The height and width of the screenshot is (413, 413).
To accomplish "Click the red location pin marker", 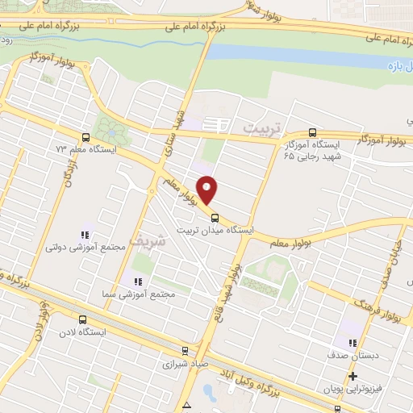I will coord(207,190).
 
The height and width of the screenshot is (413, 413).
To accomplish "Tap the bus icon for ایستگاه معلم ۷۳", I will coord(86,137).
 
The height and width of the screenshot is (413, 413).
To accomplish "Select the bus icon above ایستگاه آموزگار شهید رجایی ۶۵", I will coord(313,133).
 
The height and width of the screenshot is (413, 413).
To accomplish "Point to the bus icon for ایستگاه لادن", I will coord(82,319).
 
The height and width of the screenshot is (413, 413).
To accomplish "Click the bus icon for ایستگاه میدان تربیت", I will coord(215,217).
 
